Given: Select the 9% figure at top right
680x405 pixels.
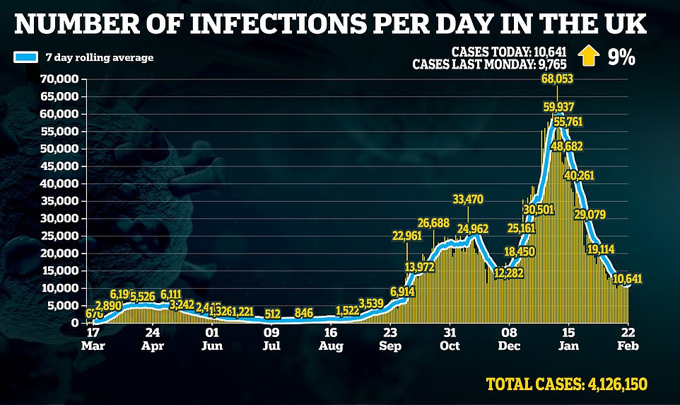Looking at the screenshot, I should pos(621,56).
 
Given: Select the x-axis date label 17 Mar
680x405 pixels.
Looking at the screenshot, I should pos(93,338).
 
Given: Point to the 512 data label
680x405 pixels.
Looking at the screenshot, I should pos(272,314).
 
